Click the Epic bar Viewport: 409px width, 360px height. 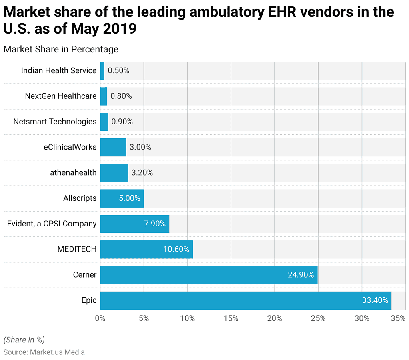click(x=245, y=300)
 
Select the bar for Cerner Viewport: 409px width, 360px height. click(x=209, y=275)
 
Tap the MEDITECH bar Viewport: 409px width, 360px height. click(x=146, y=249)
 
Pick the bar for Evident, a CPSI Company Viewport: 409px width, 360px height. click(x=134, y=224)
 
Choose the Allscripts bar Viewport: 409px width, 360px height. click(x=122, y=198)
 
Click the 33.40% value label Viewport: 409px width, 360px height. click(x=375, y=300)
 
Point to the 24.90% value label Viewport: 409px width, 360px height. click(x=301, y=275)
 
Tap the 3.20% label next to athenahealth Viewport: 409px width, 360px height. click(x=142, y=173)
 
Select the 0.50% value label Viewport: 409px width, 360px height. click(x=118, y=70)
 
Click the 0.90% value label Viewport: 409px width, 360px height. click(x=122, y=122)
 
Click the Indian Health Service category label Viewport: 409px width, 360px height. click(x=59, y=70)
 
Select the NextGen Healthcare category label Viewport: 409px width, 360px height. click(x=61, y=96)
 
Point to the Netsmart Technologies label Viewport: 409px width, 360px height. click(x=55, y=122)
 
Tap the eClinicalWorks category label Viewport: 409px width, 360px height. click(x=70, y=147)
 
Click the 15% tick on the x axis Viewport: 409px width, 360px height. click(x=231, y=319)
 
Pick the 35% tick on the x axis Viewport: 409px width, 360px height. click(x=398, y=319)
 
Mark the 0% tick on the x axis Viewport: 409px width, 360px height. click(x=100, y=319)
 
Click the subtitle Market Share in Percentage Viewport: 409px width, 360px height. click(x=61, y=49)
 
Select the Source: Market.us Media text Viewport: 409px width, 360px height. click(x=44, y=352)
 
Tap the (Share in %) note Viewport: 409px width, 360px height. click(x=24, y=340)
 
